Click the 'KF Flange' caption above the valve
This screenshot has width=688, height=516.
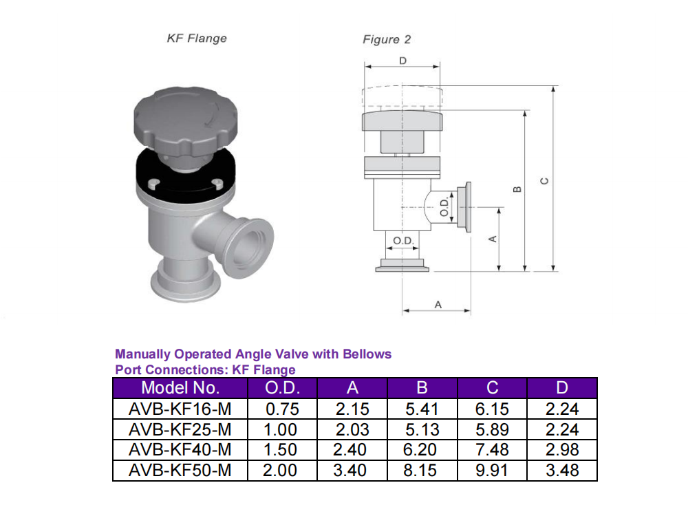click(x=196, y=38)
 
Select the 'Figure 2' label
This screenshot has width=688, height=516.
click(x=387, y=39)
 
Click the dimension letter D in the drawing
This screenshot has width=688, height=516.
click(x=402, y=61)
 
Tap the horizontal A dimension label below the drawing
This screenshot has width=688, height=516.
click(x=438, y=303)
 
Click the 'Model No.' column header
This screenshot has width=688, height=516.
click(x=180, y=387)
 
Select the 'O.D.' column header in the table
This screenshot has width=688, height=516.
click(x=283, y=387)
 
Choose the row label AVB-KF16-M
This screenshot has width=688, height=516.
click(x=180, y=409)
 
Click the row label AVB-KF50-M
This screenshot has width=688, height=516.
click(x=180, y=471)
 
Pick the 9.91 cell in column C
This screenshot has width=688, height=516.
click(x=492, y=471)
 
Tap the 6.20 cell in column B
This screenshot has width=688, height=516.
click(x=422, y=450)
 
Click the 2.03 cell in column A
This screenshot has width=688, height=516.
click(x=352, y=430)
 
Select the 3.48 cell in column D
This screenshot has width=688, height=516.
click(x=562, y=471)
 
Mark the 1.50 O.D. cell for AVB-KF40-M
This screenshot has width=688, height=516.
click(x=283, y=450)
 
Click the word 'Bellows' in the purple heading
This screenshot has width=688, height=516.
click(x=369, y=354)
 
